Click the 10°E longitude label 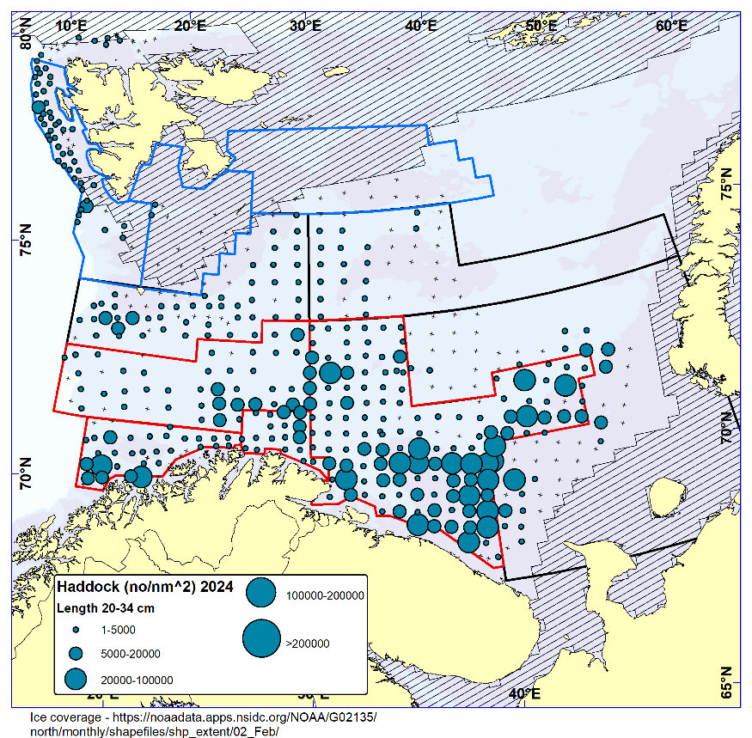coord(70,25)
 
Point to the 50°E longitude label coord(541,25)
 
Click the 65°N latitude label coord(726,683)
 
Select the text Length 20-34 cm coord(105,609)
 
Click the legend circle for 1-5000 coord(76,630)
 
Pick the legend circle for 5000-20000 coord(76,653)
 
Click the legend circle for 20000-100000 coord(76,679)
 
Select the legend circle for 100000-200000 coord(260,593)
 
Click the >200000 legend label coord(309,643)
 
